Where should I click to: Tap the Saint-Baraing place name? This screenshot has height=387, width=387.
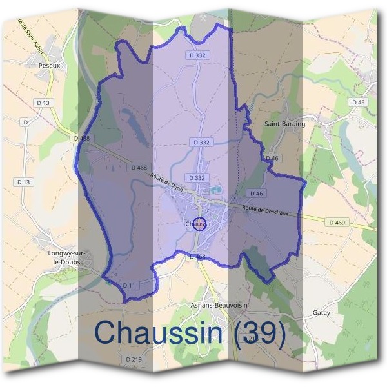[x=284, y=123]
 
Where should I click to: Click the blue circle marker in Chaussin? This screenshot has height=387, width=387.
[x=199, y=224]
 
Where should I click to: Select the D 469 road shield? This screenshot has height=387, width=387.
[x=337, y=223]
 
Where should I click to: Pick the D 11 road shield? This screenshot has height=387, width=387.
[x=130, y=284]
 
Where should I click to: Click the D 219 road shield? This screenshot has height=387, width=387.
[x=134, y=359]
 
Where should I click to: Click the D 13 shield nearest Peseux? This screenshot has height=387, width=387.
[x=44, y=103]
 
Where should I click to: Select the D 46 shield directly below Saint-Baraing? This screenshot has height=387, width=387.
[x=272, y=158]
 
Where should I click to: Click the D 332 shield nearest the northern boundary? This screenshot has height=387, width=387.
[x=199, y=55]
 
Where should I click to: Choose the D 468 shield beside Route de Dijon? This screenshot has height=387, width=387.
[x=139, y=168]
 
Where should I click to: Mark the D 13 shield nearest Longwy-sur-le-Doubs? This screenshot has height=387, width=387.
[x=24, y=182]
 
